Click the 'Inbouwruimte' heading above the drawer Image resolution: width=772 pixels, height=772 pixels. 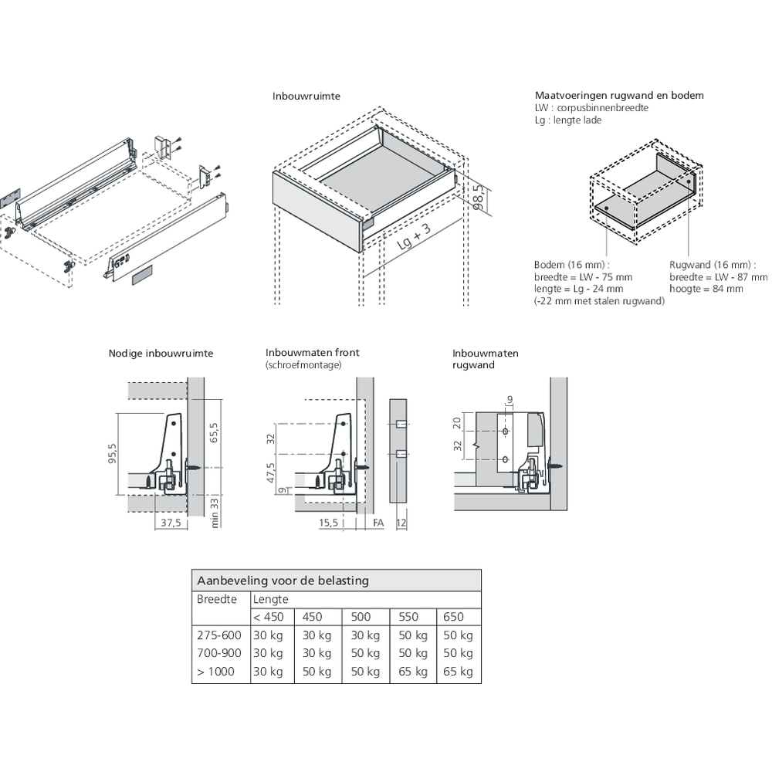coord(306,96)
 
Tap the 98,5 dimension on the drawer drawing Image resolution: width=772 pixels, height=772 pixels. coord(479,198)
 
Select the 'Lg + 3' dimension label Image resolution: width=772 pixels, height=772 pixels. coord(414,236)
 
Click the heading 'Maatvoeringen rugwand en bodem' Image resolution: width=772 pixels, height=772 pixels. coord(619,96)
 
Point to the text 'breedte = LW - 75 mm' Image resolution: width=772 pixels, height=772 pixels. coord(583,277)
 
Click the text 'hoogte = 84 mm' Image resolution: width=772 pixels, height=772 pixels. coord(706,289)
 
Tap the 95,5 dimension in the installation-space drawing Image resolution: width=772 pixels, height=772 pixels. coord(113,453)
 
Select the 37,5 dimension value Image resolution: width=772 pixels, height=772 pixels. coord(171,523)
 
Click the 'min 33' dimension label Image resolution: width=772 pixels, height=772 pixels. coord(214,513)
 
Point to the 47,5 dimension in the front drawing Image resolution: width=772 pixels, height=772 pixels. coord(271,472)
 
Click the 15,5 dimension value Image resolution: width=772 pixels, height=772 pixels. coord(328,523)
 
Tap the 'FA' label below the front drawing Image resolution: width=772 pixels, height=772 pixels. coord(378,523)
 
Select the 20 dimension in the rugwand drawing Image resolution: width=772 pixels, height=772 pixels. coord(457,423)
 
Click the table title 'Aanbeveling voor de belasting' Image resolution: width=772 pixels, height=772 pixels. coord(283,581)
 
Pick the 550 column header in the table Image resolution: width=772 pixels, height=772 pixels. coord(408,617)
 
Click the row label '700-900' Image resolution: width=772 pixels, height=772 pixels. coord(219,653)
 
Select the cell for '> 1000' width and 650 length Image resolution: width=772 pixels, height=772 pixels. coord(458,672)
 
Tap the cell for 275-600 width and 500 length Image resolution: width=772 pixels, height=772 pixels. coord(365,635)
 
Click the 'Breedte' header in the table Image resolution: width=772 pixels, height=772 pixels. coord(217,599)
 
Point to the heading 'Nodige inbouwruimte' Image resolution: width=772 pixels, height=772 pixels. coord(161,354)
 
